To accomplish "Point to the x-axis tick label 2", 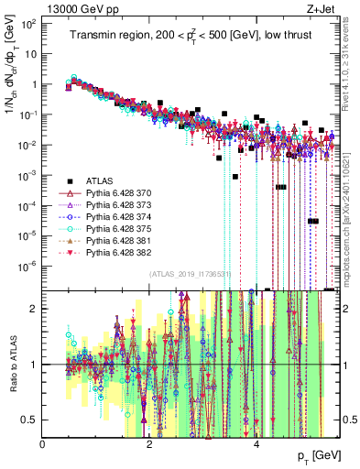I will pos(150,444).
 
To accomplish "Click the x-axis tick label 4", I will pos(256,444).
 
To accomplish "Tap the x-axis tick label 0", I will pos(43,444).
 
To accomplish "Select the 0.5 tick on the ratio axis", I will pos(30,420).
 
